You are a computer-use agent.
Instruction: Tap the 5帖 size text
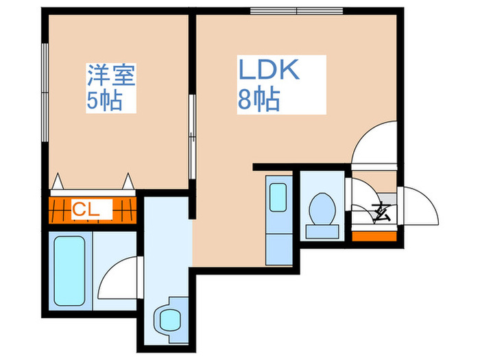[x=104, y=101]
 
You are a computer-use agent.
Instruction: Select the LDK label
[x=269, y=71]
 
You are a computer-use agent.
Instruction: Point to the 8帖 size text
[x=259, y=101]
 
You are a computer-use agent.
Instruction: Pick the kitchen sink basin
[x=278, y=197]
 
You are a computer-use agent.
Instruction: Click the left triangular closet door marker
[x=59, y=182]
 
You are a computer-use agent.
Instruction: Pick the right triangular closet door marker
[x=128, y=182]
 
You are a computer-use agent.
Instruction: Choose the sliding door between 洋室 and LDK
[x=192, y=127]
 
